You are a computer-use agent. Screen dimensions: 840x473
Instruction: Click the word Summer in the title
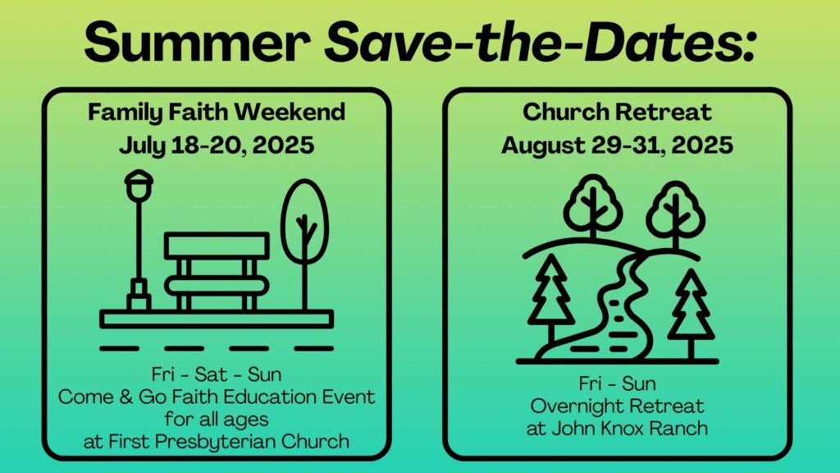point(197,42)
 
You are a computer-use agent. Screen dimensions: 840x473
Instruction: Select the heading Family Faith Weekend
point(217,113)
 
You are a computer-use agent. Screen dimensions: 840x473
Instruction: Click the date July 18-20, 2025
point(217,145)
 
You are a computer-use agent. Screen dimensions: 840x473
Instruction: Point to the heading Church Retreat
point(617,112)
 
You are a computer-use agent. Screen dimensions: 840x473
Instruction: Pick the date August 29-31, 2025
point(617,145)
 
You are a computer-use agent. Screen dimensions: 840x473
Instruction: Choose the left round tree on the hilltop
point(592,204)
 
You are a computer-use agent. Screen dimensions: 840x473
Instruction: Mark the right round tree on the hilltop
point(675,210)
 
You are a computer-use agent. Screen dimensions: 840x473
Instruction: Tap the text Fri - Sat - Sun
point(217,374)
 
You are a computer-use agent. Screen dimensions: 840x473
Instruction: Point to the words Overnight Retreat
point(617,406)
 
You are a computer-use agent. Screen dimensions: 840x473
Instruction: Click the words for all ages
point(217,419)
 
